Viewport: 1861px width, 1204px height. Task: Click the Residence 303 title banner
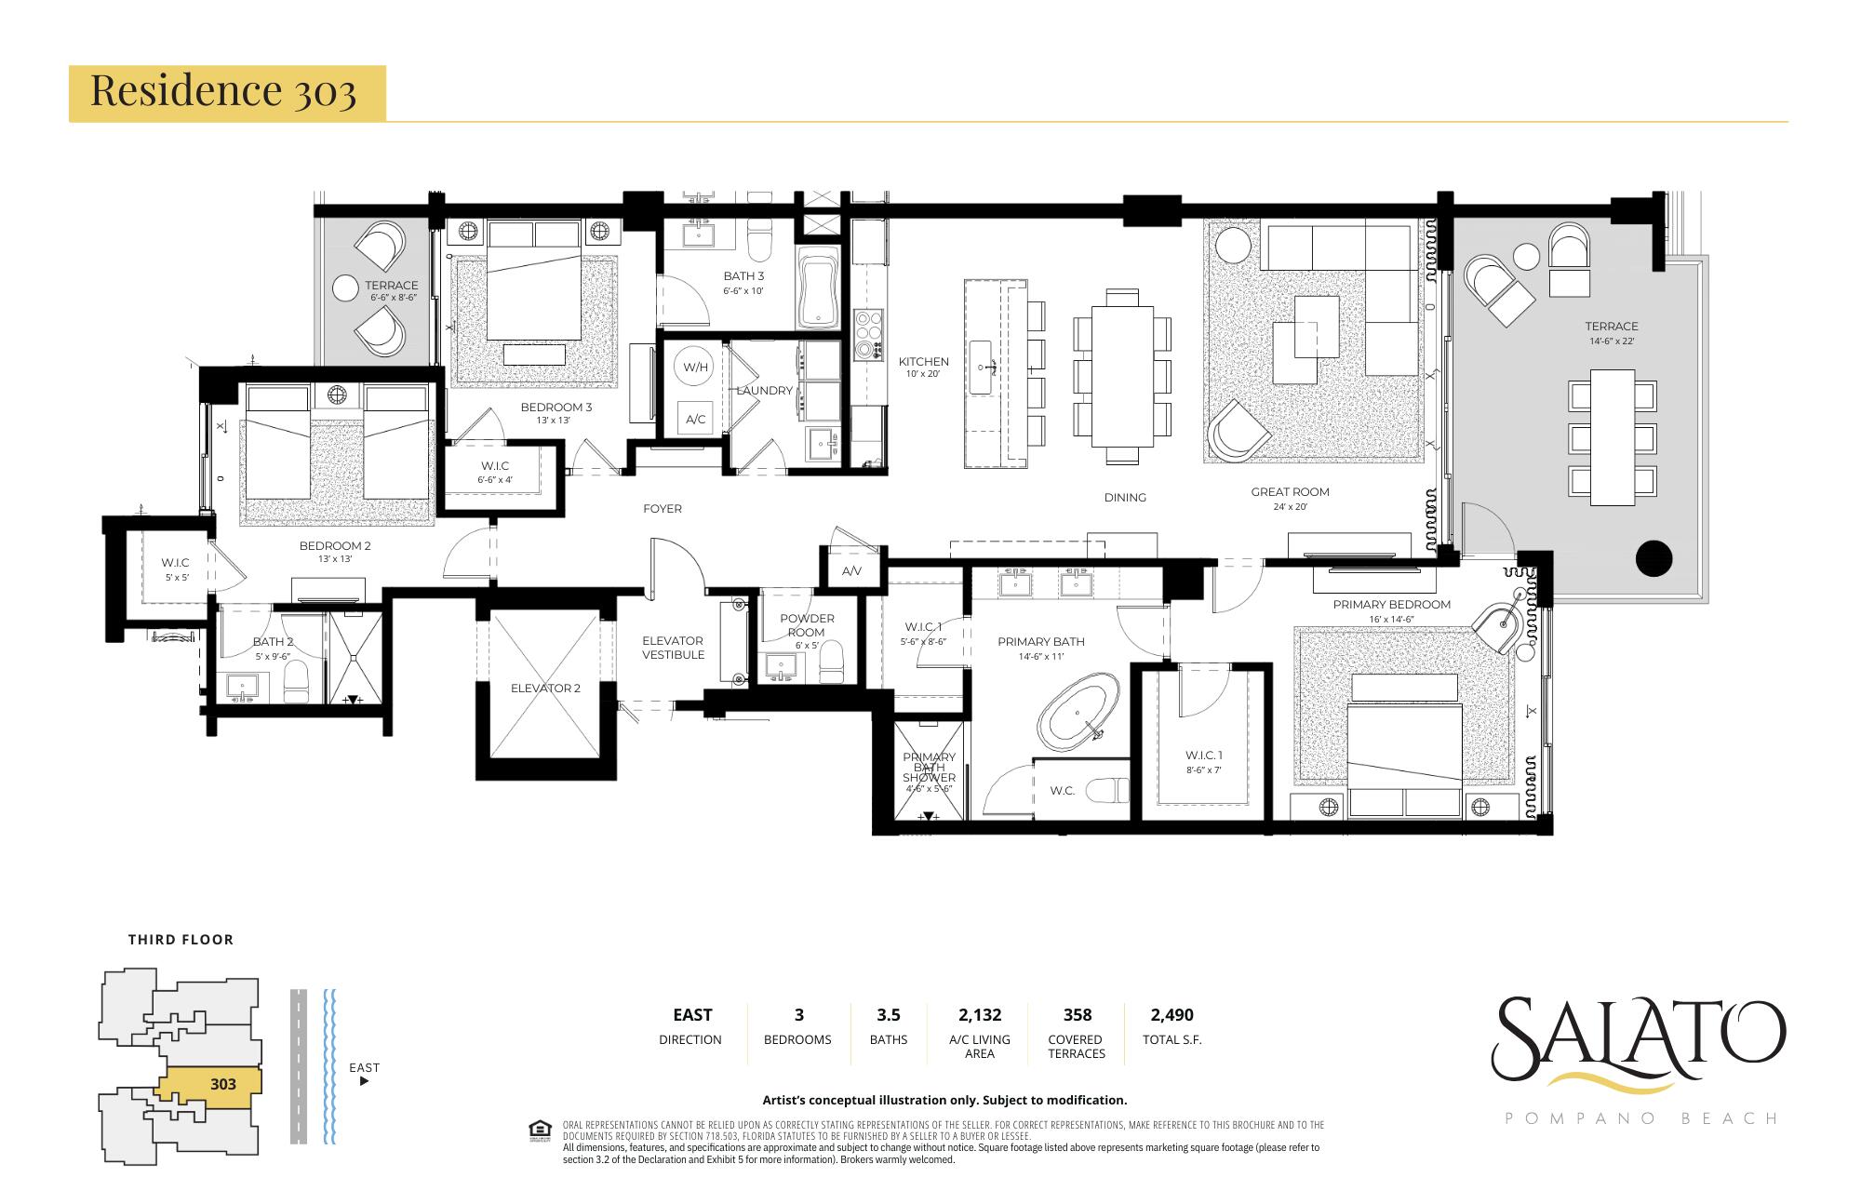[226, 92]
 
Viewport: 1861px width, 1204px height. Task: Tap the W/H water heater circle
[695, 367]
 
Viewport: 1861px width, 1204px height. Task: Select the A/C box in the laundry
[695, 419]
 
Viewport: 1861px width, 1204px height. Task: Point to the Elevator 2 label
[545, 688]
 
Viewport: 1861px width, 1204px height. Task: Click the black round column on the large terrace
[1653, 558]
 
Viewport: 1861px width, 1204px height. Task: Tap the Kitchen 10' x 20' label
[923, 367]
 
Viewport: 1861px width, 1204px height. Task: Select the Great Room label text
[1290, 491]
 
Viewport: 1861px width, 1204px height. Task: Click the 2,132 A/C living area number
[979, 1014]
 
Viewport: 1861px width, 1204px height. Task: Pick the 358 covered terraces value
[1077, 1014]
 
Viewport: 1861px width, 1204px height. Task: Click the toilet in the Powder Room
[830, 662]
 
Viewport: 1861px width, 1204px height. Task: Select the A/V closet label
[850, 570]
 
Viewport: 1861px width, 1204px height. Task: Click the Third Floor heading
[181, 939]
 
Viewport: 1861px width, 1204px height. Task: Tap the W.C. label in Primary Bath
[1062, 791]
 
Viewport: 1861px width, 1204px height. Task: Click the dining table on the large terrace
[1613, 437]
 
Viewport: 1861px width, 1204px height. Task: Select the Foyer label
[662, 508]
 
